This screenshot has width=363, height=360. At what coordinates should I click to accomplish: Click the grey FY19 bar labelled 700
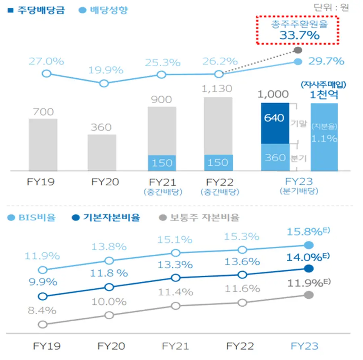43,144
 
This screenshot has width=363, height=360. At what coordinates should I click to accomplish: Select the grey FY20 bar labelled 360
102,152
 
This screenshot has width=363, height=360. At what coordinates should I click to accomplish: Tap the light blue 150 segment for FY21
162,163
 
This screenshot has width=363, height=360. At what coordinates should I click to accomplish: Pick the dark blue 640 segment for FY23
275,123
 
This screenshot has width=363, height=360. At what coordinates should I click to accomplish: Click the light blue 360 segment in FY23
275,157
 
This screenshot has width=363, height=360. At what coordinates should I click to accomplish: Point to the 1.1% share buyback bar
324,137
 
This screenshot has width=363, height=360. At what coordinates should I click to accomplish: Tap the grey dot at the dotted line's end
298,50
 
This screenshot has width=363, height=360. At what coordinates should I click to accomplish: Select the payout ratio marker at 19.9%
104,83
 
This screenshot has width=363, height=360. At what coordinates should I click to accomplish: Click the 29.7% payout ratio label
326,61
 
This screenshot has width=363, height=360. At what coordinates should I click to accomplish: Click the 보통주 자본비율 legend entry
200,218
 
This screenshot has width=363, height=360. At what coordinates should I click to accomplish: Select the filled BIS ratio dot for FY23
309,245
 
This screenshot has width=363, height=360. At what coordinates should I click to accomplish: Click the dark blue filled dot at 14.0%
309,269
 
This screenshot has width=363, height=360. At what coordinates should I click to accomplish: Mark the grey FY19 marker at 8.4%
42,324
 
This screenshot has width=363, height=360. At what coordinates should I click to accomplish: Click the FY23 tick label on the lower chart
305,346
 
